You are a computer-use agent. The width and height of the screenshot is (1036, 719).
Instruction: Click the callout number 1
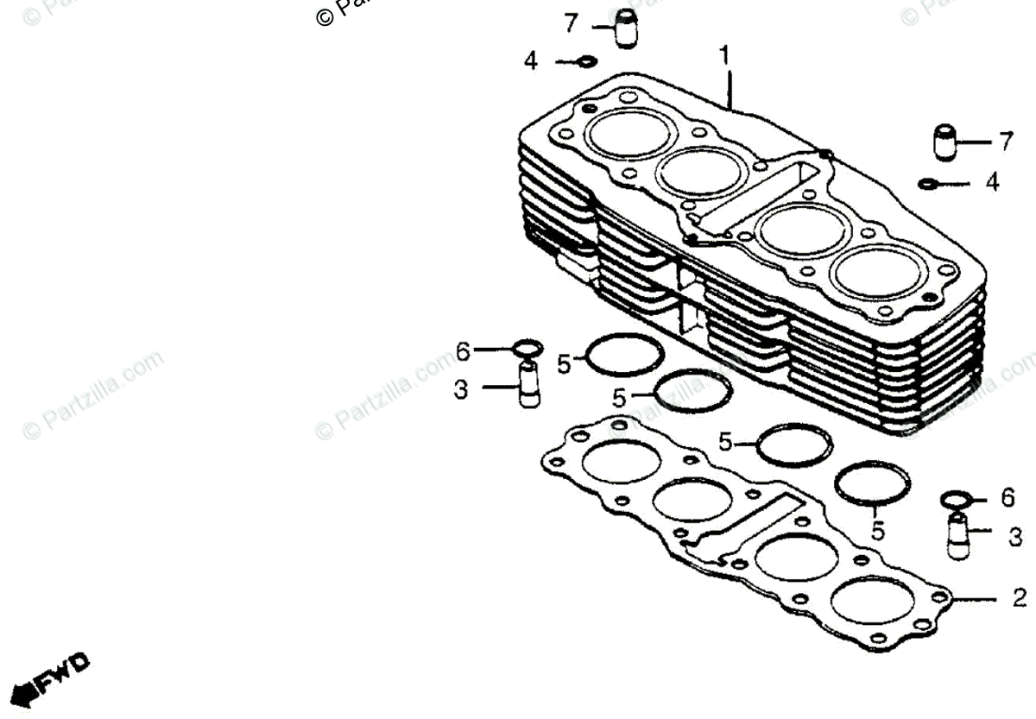(x=725, y=56)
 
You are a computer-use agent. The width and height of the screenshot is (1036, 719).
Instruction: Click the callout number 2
(x=1020, y=597)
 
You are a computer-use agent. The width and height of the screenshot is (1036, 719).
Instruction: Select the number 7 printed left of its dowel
(x=570, y=24)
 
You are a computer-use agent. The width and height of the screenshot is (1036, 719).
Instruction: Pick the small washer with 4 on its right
(x=928, y=184)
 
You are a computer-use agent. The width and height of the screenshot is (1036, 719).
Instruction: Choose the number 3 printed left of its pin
(x=461, y=390)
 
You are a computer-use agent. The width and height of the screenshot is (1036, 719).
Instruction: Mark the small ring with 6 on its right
(x=957, y=500)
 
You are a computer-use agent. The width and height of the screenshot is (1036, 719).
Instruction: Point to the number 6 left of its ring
(x=463, y=351)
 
